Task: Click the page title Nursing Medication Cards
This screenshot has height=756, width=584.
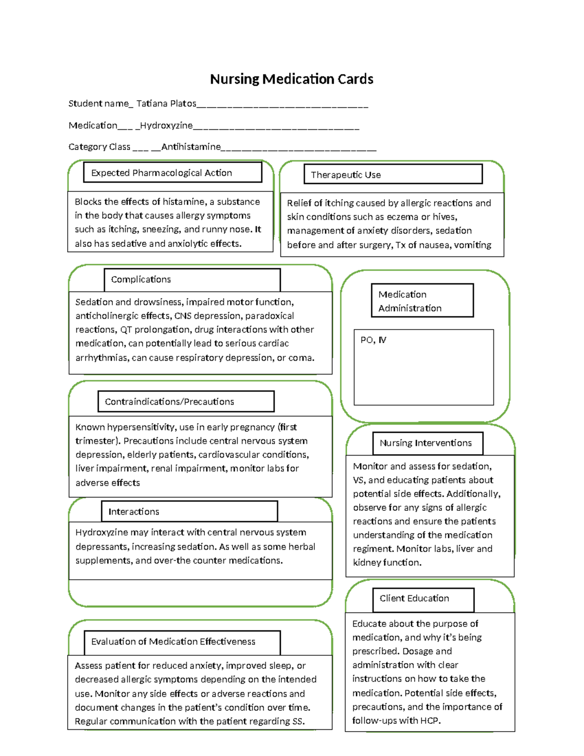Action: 292,79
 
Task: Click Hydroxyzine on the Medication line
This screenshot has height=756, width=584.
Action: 166,126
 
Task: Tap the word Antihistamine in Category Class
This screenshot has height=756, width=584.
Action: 191,147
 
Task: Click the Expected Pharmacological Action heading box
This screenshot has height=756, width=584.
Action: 172,173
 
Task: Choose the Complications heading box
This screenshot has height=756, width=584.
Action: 192,279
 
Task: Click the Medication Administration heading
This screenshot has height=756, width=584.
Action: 421,301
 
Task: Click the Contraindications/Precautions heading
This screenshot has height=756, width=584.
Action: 185,402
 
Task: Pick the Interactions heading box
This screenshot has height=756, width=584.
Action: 189,512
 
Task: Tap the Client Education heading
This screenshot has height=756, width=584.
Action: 422,599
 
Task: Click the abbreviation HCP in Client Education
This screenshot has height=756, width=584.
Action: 428,720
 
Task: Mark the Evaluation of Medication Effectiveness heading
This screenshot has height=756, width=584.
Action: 182,642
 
